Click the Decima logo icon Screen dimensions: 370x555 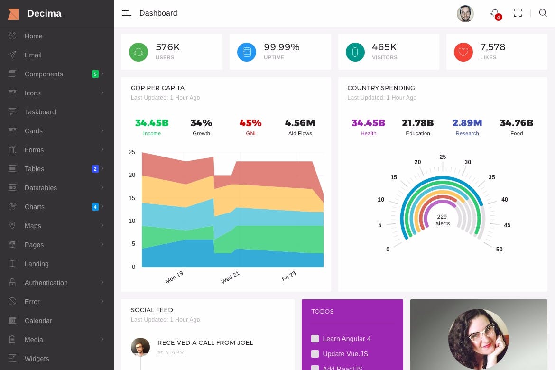(x=13, y=14)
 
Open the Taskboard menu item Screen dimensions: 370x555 (x=40, y=112)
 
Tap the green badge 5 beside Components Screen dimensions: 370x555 (x=95, y=74)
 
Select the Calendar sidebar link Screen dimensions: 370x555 (x=38, y=321)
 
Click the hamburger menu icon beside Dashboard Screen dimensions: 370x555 (x=126, y=13)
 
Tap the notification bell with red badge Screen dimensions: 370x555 (x=495, y=14)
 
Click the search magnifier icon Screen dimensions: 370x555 (x=543, y=13)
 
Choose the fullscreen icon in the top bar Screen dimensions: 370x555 (x=518, y=13)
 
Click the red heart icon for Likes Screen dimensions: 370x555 (x=463, y=52)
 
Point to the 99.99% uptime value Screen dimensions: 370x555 (x=282, y=47)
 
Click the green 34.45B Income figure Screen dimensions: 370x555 (x=152, y=123)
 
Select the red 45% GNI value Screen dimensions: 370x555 (x=250, y=123)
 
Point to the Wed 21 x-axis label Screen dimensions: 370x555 (x=231, y=277)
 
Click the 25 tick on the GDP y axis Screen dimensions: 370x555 (x=132, y=152)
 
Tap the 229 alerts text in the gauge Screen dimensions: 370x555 (x=442, y=220)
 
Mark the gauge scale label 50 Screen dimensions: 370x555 (x=499, y=250)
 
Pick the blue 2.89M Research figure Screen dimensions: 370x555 (x=467, y=123)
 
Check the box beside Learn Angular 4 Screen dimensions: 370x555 (x=315, y=339)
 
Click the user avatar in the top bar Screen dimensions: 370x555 (x=465, y=14)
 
